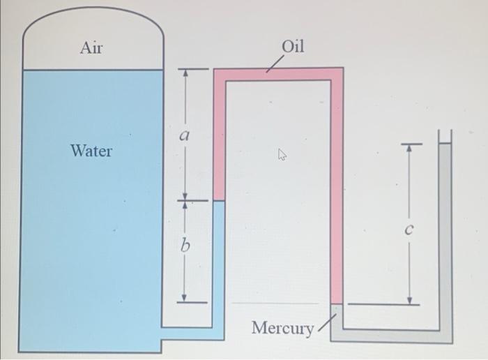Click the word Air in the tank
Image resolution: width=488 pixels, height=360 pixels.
coord(91,47)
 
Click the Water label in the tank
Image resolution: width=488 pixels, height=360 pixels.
coord(91,151)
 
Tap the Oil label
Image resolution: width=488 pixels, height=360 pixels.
coord(293,47)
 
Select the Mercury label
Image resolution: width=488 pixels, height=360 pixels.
coord(282,327)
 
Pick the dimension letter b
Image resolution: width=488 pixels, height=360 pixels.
coord(185,246)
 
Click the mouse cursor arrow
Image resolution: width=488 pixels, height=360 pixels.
coord(282,155)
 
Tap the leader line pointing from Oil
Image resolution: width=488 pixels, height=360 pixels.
coord(274,64)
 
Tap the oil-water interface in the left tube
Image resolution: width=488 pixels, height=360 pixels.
coord(219,201)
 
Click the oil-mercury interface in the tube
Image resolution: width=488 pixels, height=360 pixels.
coord(337,303)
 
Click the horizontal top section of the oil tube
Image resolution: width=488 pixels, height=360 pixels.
coord(278,74)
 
